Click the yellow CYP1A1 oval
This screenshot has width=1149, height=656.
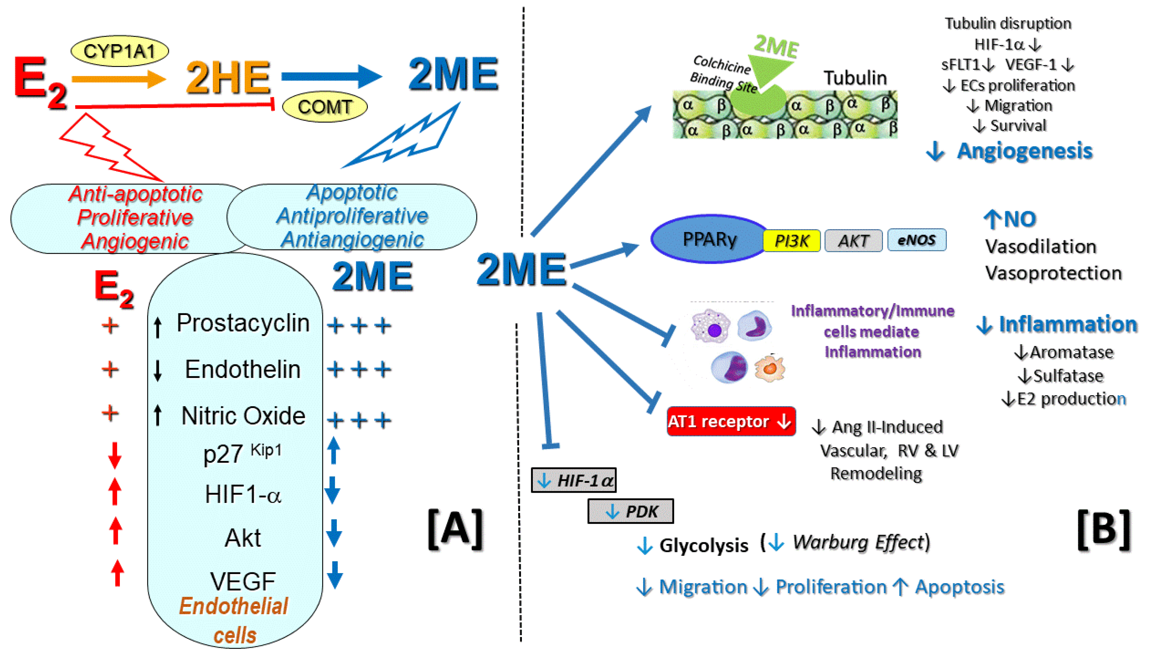119,51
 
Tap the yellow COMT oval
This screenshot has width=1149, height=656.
324,107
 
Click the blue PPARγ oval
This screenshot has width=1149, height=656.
709,239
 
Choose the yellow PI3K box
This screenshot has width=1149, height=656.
791,241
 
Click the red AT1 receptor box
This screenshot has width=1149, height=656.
730,421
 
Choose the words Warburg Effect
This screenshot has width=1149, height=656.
858,542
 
